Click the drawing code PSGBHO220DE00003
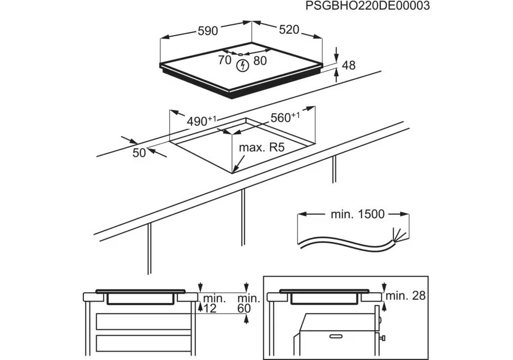click(367, 6)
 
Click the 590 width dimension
click(208, 31)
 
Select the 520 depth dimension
click(289, 30)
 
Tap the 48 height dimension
click(349, 65)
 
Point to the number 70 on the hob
click(225, 60)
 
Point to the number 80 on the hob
click(260, 60)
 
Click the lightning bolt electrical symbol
click(242, 65)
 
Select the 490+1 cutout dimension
click(201, 121)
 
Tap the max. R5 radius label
click(262, 148)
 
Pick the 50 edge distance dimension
click(139, 152)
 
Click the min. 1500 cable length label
click(354, 214)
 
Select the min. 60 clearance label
click(248, 303)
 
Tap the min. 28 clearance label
click(406, 295)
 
